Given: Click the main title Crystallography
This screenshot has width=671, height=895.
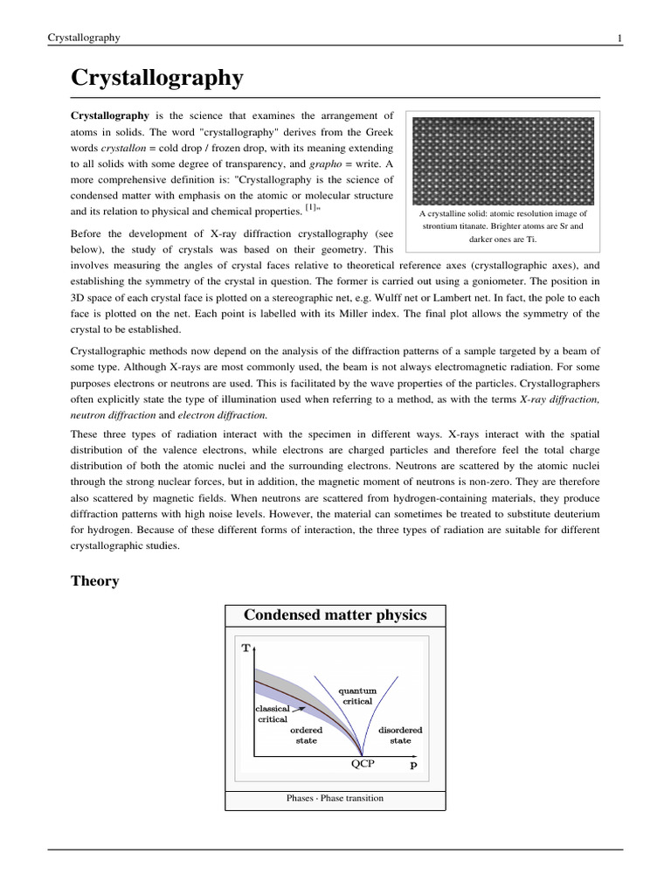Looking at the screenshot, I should pyautogui.click(x=156, y=78).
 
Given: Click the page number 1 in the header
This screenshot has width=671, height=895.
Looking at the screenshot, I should pyautogui.click(x=619, y=38).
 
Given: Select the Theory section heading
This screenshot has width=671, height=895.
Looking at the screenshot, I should pyautogui.click(x=94, y=581).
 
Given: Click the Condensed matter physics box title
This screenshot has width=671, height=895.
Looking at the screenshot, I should pyautogui.click(x=335, y=615).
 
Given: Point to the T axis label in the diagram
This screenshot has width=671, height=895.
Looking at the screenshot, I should pyautogui.click(x=246, y=649).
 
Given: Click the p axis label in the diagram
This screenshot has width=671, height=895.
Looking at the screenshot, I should pyautogui.click(x=413, y=763).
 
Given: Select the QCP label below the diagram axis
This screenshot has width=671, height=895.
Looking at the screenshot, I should pyautogui.click(x=363, y=763).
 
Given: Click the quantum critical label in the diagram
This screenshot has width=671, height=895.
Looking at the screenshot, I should pyautogui.click(x=357, y=696).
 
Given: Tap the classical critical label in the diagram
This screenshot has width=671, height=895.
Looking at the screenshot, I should pyautogui.click(x=272, y=713).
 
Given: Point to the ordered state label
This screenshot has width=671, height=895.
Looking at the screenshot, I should pyautogui.click(x=306, y=735).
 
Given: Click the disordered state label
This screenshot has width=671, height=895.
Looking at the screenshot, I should pyautogui.click(x=400, y=735).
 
